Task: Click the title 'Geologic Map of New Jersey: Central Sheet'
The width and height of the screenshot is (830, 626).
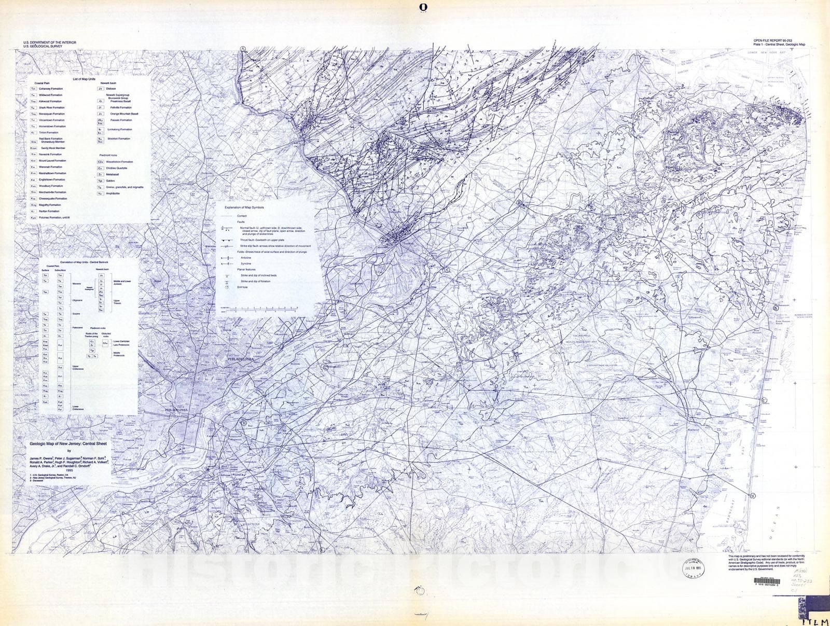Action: click(x=68, y=444)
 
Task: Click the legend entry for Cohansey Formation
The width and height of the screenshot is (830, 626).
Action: click(x=50, y=89)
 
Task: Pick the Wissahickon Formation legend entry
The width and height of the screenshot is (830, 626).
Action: click(x=119, y=162)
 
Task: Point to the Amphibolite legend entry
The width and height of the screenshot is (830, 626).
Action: click(x=113, y=193)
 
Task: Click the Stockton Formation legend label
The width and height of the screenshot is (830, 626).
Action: click(x=119, y=139)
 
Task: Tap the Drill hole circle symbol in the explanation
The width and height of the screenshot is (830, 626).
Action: click(x=226, y=287)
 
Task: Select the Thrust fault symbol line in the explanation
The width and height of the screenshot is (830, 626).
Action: click(x=226, y=240)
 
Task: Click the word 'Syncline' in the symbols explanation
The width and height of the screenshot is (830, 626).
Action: click(x=246, y=263)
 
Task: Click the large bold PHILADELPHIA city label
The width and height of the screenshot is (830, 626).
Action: click(x=240, y=359)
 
